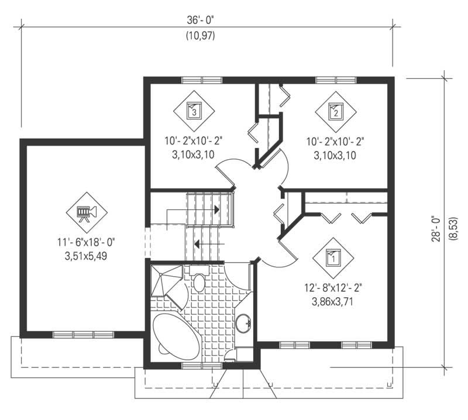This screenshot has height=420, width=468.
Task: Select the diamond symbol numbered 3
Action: pos(194,109)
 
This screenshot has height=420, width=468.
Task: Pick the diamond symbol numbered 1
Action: pos(332,256)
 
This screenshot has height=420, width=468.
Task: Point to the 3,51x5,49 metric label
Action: pos(87,256)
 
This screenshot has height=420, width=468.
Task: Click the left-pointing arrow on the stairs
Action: pos(208,243)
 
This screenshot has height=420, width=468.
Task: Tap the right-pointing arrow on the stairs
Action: pos(215,209)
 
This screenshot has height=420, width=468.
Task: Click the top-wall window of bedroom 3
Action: pos(201,80)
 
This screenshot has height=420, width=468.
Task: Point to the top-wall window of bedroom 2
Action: pos(335,80)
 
